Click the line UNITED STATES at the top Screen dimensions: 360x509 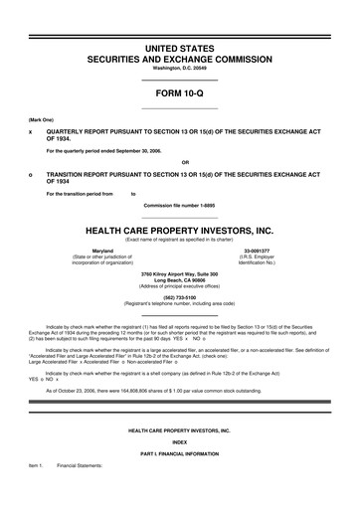point(180,48)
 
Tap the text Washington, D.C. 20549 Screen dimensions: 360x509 point(180,68)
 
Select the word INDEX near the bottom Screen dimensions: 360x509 point(179,444)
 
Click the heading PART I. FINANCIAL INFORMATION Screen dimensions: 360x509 point(179,454)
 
